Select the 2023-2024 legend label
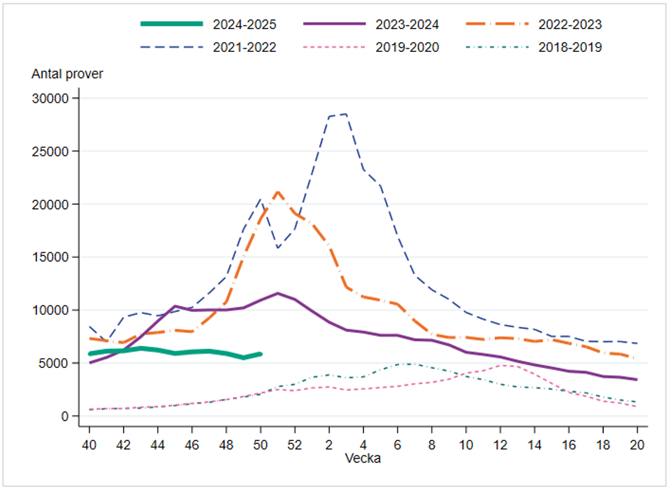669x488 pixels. coord(407,24)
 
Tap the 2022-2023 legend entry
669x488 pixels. coord(569,24)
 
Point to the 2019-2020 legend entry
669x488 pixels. coord(407,47)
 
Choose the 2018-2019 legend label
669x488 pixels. coord(569,47)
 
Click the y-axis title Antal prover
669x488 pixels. coord(67,74)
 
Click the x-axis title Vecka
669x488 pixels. coord(364,458)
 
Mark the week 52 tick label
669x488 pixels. coord(294,444)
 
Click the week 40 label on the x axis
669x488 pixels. coord(89,444)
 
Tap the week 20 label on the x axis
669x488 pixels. coord(637,444)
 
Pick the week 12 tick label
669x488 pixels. coord(500,444)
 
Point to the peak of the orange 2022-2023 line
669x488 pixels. coord(278,192)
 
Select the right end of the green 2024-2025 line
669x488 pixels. coord(260,354)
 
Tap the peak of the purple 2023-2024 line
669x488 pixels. coord(278,293)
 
